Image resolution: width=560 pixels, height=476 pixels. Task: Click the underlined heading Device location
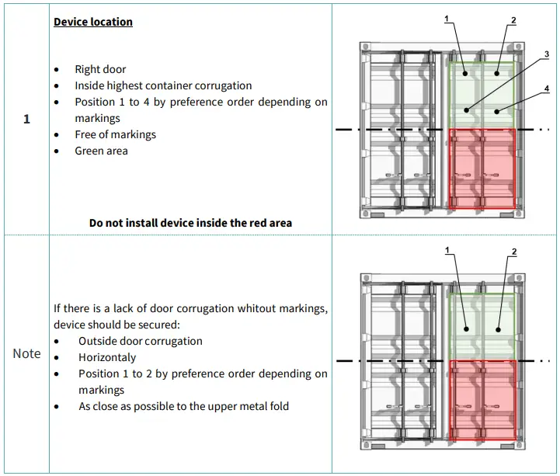pyautogui.click(x=93, y=22)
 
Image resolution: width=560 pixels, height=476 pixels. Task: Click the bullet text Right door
pyautogui.click(x=100, y=69)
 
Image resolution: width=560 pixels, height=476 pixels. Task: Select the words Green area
pyautogui.click(x=101, y=151)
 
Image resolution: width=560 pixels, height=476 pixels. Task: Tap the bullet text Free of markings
pyautogui.click(x=116, y=134)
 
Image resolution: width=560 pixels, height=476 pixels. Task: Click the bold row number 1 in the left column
pyautogui.click(x=26, y=119)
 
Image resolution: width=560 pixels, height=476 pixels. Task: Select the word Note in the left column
pyautogui.click(x=26, y=353)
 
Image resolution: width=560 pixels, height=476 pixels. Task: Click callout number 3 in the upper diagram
pyautogui.click(x=547, y=54)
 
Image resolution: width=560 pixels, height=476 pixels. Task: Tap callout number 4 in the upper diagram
pyautogui.click(x=547, y=89)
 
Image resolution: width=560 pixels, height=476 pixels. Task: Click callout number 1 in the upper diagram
pyautogui.click(x=447, y=19)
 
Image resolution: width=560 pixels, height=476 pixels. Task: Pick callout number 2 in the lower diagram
pyautogui.click(x=514, y=252)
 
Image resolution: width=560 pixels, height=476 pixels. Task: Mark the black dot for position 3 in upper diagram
pyautogui.click(x=467, y=110)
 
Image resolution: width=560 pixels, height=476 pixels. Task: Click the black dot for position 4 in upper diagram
pyautogui.click(x=497, y=112)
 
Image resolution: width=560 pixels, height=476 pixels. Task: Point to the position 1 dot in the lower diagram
pyautogui.click(x=467, y=329)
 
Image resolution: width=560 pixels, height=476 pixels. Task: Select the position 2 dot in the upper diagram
pyautogui.click(x=497, y=74)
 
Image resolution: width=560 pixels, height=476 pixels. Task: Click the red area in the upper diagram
pyautogui.click(x=482, y=169)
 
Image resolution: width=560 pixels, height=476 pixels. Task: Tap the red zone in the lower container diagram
pyautogui.click(x=483, y=401)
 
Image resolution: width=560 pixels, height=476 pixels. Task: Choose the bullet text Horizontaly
pyautogui.click(x=107, y=357)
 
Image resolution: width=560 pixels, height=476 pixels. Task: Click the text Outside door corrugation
pyautogui.click(x=141, y=341)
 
